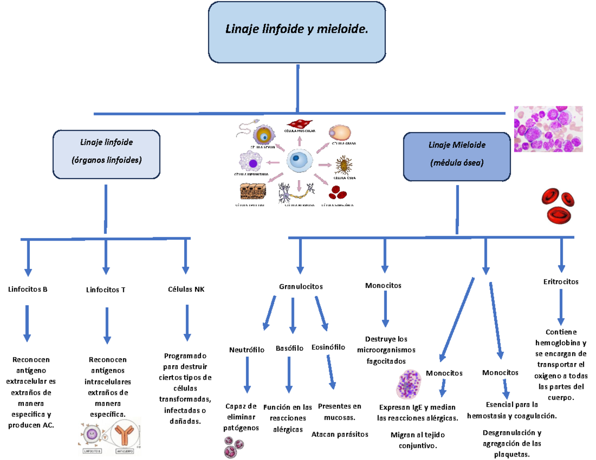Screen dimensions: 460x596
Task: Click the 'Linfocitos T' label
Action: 105,290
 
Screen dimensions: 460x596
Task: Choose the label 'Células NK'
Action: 186,289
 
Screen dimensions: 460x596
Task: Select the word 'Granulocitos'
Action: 301,286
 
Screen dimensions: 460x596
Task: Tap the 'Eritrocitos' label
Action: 561,281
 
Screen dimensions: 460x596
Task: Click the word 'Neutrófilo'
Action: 246,350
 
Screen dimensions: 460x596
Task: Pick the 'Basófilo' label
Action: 290,348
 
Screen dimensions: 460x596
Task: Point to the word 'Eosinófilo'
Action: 328,347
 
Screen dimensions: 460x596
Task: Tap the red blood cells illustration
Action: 559,204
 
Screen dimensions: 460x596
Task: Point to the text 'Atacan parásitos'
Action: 340,434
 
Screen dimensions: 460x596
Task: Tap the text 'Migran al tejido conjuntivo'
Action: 418,440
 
